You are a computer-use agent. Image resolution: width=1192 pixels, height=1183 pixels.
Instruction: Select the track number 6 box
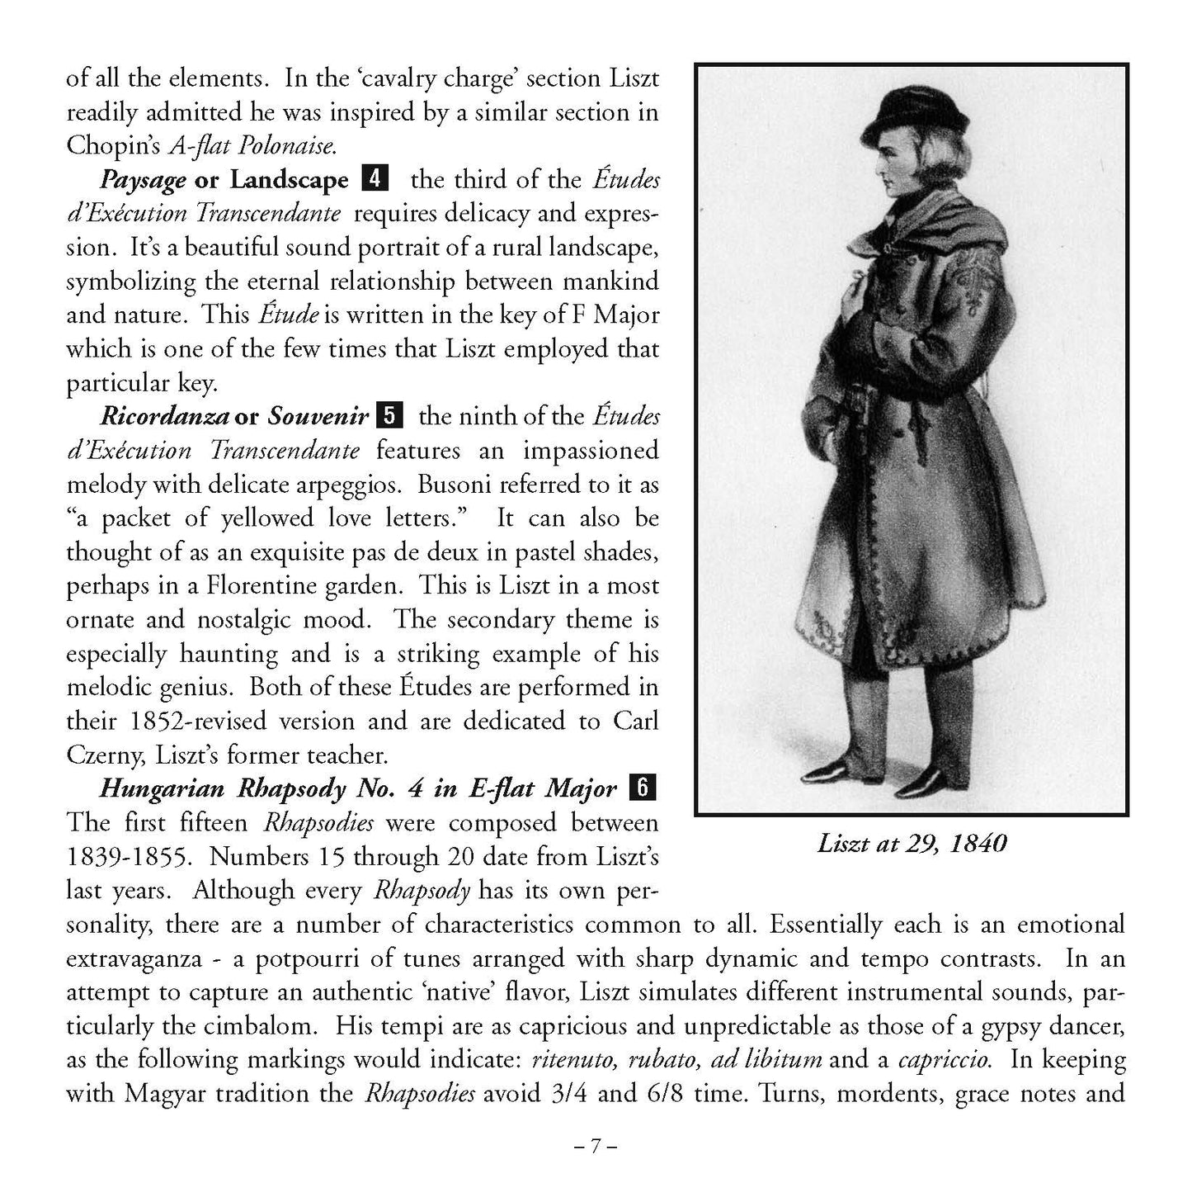tap(642, 788)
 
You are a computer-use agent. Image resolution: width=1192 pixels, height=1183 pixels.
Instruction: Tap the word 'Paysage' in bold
tap(143, 180)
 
